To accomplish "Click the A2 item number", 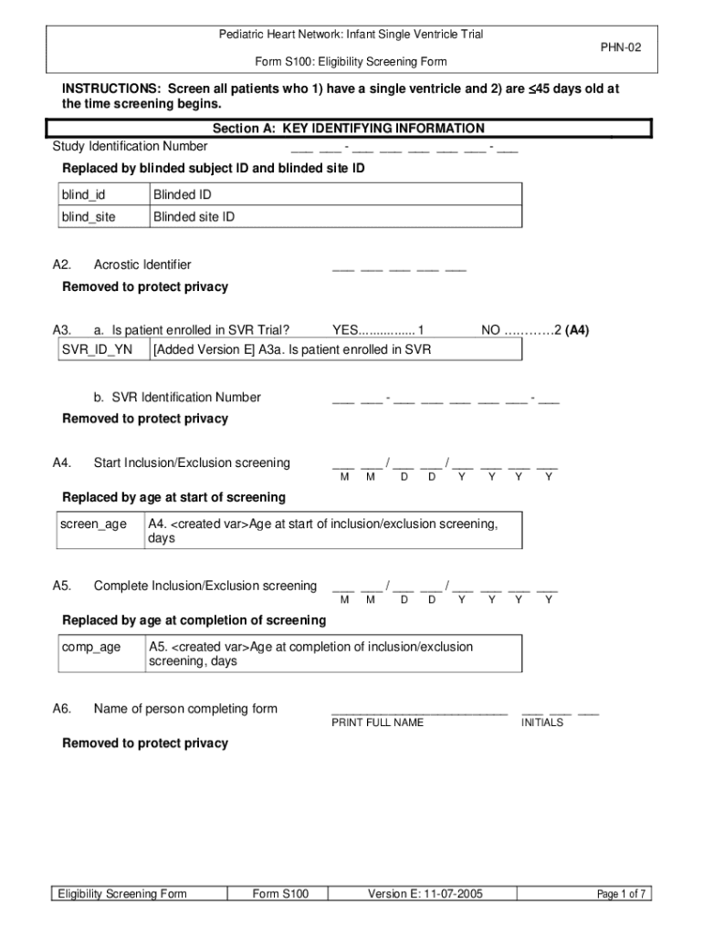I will tap(62, 265).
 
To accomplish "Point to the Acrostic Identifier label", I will tap(142, 265).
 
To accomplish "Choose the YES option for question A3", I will tap(378, 330).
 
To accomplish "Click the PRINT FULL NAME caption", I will tap(377, 722).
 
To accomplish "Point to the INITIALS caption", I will tap(542, 722).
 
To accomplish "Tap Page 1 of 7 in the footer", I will tap(621, 894).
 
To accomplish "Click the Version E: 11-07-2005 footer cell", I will tap(425, 894).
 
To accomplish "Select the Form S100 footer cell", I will tap(280, 894).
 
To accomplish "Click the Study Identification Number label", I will tap(130, 147).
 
